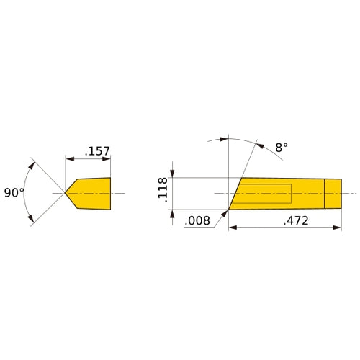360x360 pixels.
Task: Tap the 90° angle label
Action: [x=14, y=193]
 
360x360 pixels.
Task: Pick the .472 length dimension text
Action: [x=295, y=221]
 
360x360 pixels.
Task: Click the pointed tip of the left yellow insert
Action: [x=66, y=193]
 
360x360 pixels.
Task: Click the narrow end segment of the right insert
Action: [x=333, y=193]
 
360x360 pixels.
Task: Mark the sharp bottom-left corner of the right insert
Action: [x=229, y=210]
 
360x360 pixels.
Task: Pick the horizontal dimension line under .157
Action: [x=88, y=158]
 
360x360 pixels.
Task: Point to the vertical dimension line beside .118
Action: [x=171, y=193]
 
